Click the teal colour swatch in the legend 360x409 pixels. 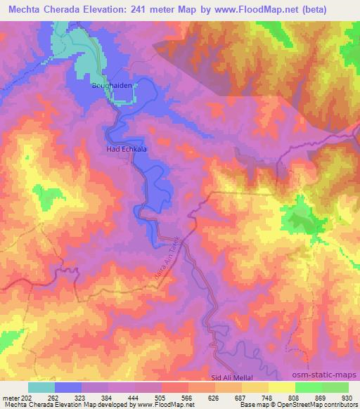[41, 387]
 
